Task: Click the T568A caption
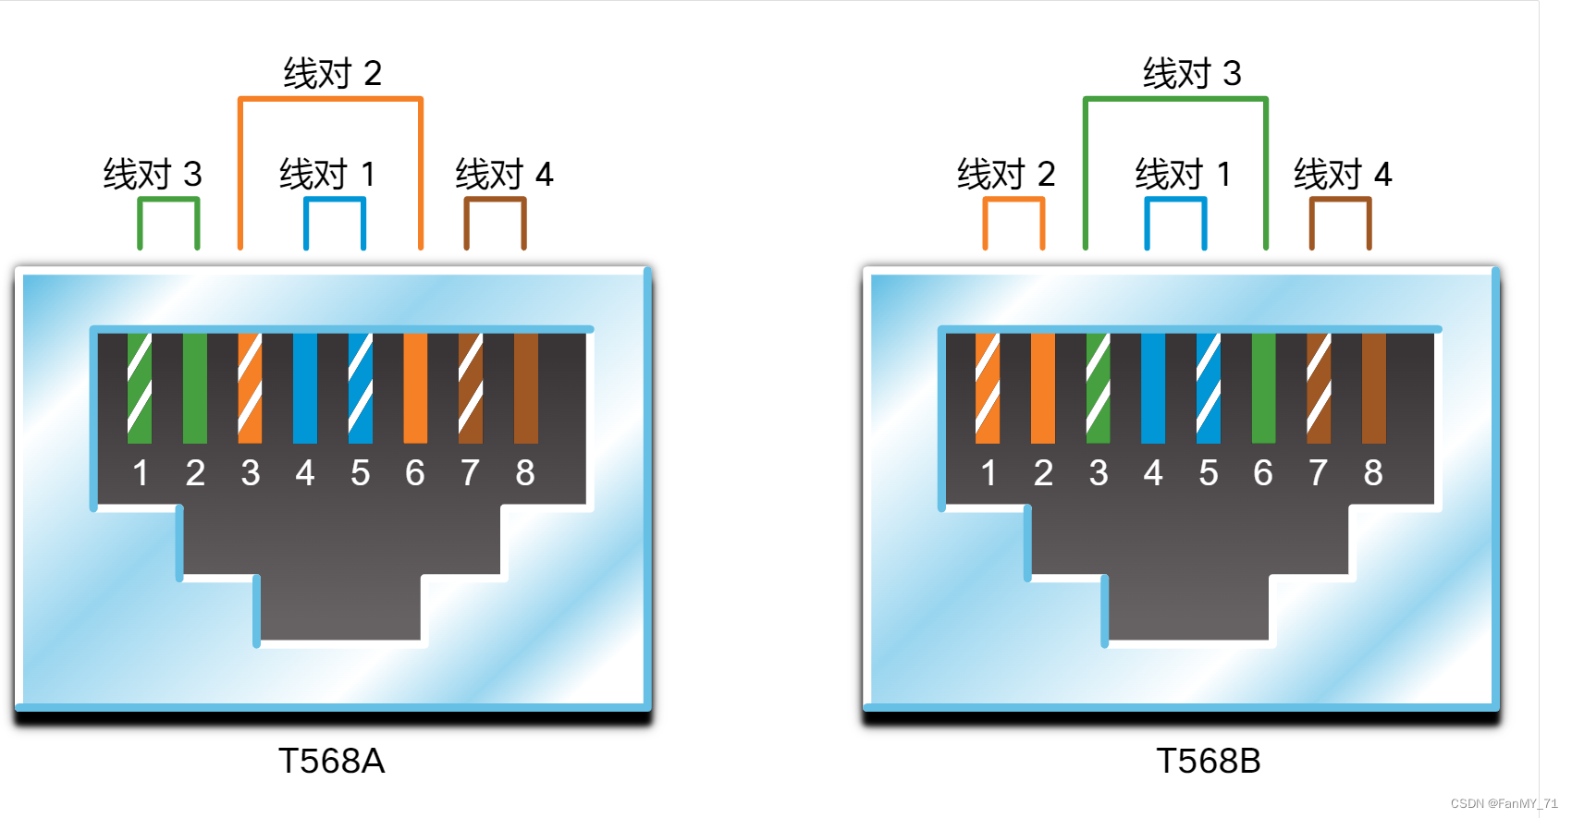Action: point(331,762)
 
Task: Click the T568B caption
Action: point(1208,762)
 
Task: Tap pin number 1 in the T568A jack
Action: point(141,473)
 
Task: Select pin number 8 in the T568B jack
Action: point(1373,473)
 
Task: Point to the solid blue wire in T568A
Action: point(305,388)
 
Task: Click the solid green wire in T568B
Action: point(1263,388)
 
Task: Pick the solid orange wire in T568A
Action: point(415,388)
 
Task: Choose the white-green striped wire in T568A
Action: point(140,388)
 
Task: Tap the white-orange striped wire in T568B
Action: point(988,388)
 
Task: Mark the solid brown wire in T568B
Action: point(1373,388)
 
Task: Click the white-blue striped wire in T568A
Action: point(361,388)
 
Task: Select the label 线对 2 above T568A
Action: point(332,73)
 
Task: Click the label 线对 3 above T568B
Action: point(1191,73)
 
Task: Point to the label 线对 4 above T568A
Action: point(504,174)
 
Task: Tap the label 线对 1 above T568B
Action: point(1183,174)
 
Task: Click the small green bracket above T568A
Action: point(168,200)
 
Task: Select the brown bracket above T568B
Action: point(1340,201)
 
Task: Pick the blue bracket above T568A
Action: point(335,201)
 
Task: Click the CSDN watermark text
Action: point(1504,803)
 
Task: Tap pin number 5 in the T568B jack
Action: point(1209,473)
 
